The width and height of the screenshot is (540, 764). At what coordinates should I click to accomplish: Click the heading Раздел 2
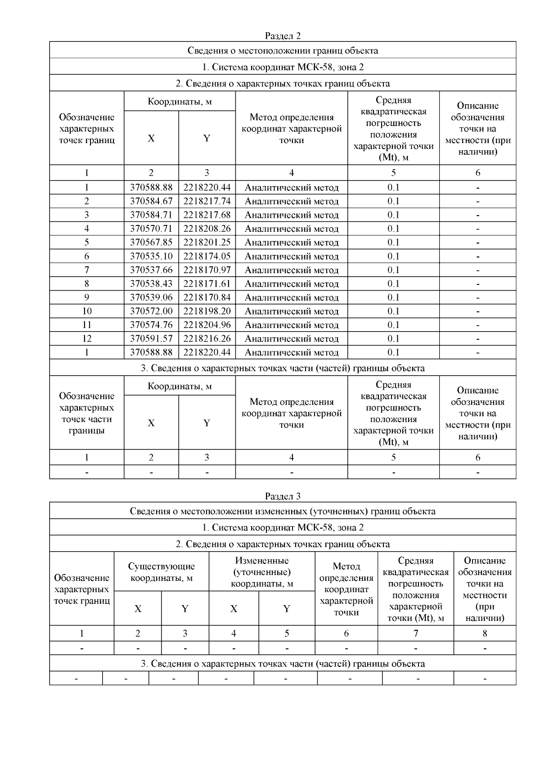click(283, 36)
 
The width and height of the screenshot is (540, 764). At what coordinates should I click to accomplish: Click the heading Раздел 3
click(283, 496)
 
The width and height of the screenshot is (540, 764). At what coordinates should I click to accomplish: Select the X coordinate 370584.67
click(151, 201)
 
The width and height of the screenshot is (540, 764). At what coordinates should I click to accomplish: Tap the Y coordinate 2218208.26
click(207, 229)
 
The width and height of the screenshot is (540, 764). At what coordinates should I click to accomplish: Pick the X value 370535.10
click(151, 256)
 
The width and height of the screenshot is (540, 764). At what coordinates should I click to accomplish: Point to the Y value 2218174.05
click(207, 256)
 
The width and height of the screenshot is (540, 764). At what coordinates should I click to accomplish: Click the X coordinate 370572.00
click(151, 311)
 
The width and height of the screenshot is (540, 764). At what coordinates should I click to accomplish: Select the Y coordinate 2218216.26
click(207, 339)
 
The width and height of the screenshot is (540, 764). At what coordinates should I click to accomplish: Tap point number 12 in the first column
click(87, 339)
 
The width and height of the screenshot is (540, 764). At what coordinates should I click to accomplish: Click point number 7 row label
click(87, 270)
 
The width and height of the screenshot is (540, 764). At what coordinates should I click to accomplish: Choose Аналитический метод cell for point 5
click(292, 243)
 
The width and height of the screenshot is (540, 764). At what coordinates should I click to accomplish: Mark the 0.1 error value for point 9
click(393, 297)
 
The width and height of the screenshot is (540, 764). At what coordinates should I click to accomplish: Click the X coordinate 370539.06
click(151, 297)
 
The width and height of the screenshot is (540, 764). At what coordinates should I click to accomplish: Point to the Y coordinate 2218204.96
click(207, 325)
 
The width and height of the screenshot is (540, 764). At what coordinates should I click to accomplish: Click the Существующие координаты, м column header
click(162, 572)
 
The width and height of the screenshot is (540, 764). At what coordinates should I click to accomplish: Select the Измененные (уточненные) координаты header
click(262, 572)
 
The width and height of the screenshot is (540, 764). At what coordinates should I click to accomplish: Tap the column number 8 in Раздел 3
click(485, 634)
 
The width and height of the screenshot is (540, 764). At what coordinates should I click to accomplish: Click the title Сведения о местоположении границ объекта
click(283, 50)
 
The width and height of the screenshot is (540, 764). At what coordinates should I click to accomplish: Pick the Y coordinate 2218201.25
click(207, 243)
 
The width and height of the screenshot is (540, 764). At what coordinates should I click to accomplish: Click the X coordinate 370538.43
click(151, 284)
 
